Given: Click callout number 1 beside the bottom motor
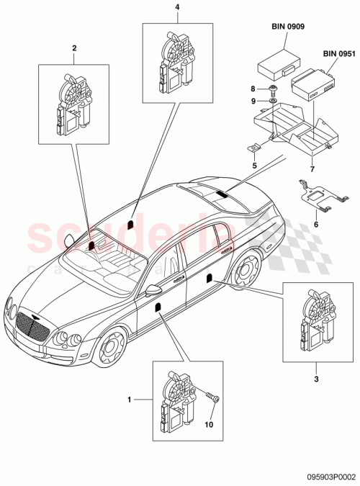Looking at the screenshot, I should (x=130, y=398).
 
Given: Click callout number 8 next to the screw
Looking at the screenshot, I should (x=253, y=89).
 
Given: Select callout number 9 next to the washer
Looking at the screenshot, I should (x=253, y=101).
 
